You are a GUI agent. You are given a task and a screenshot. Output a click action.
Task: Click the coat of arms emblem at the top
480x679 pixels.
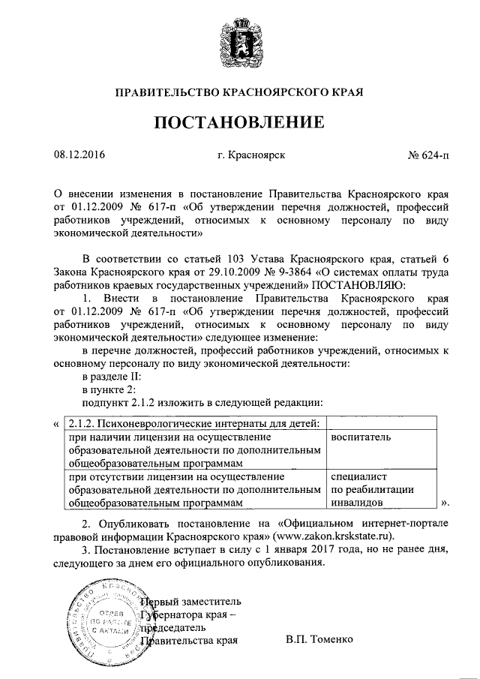239,46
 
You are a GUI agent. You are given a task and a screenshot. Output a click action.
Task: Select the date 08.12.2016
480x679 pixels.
79,156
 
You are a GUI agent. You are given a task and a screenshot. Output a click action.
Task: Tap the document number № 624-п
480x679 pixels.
428,156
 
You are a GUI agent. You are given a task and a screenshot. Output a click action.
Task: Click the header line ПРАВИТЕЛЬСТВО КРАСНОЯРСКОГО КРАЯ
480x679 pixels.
239,94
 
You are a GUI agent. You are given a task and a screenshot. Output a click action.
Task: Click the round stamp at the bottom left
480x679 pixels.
103,618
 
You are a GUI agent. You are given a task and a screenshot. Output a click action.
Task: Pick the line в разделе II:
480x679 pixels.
111,376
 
